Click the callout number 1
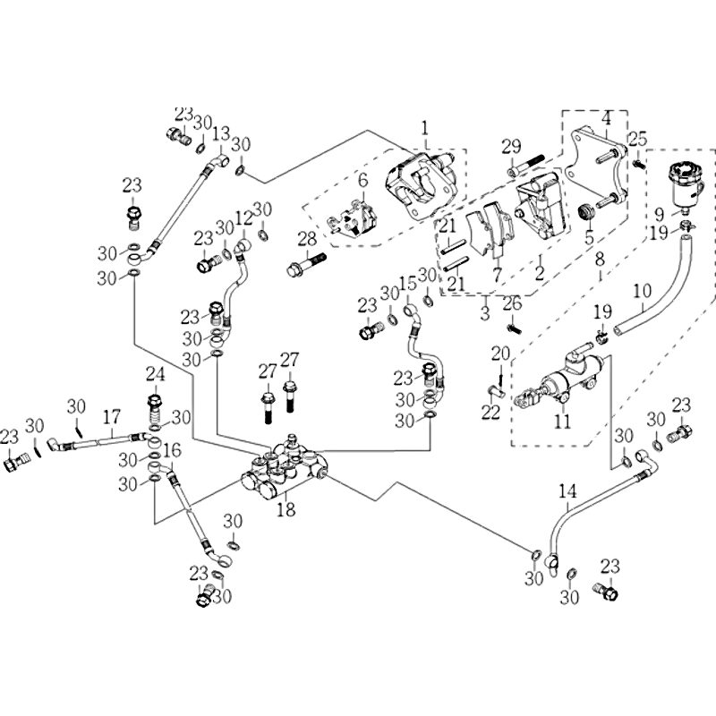click(x=425, y=127)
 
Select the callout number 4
click(x=606, y=118)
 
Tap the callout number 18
click(x=286, y=510)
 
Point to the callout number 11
click(x=561, y=420)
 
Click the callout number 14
click(x=568, y=490)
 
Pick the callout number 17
click(x=110, y=416)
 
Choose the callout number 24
click(x=156, y=373)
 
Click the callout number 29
click(x=510, y=147)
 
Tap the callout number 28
click(x=307, y=238)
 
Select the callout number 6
click(x=362, y=181)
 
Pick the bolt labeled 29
click(x=528, y=166)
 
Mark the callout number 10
click(x=642, y=290)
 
